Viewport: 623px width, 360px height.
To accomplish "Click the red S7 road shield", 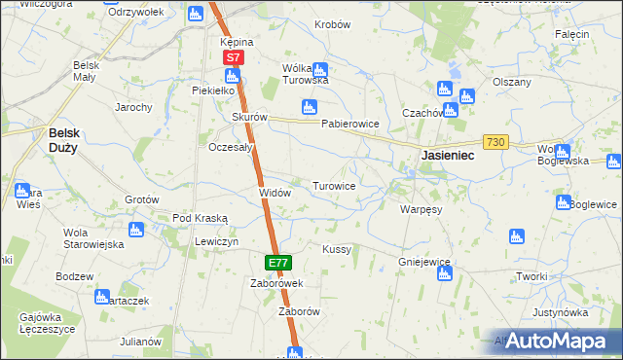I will pyautogui.click(x=233, y=58).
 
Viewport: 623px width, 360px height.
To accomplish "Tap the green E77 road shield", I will pyautogui.click(x=277, y=263).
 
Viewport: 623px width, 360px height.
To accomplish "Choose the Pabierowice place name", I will pyautogui.click(x=349, y=125).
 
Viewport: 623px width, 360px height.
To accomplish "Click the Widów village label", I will pyautogui.click(x=275, y=193).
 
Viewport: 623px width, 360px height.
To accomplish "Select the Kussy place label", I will pyautogui.click(x=337, y=249).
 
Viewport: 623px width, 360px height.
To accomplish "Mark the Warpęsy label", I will pyautogui.click(x=421, y=208).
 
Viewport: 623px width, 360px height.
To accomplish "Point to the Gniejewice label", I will pyautogui.click(x=424, y=262).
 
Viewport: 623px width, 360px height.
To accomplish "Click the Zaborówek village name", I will pyautogui.click(x=277, y=283).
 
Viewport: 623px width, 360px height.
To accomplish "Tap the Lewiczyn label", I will pyautogui.click(x=216, y=240).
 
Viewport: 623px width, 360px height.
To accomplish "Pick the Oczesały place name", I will pyautogui.click(x=232, y=147).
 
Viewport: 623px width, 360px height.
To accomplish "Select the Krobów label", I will pyautogui.click(x=332, y=24).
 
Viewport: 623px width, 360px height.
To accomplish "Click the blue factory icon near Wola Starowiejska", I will pyautogui.click(x=135, y=230).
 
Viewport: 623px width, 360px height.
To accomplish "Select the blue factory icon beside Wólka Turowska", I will pyautogui.click(x=320, y=69).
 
